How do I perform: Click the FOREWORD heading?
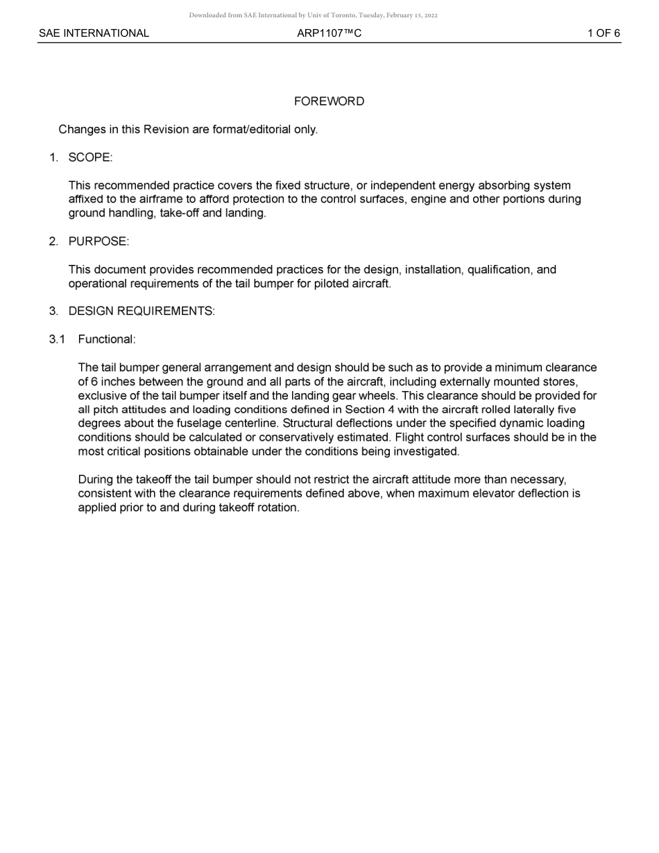[329, 101]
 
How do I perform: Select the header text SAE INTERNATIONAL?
[94, 33]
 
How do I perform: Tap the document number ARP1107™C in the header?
[329, 33]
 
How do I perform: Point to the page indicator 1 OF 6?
[604, 33]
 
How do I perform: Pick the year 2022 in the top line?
[431, 15]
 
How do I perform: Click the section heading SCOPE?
[90, 157]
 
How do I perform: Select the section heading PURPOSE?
[99, 241]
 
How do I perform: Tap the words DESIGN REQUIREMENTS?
[142, 311]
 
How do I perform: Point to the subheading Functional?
[107, 339]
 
